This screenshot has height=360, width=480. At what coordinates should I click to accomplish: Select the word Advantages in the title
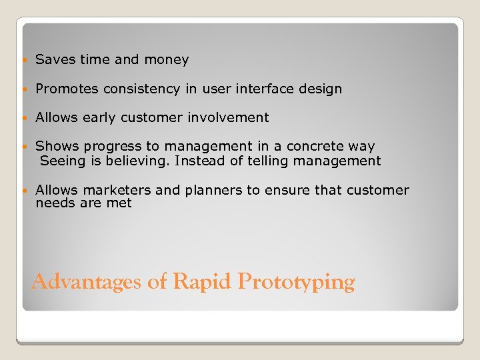(x=87, y=282)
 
